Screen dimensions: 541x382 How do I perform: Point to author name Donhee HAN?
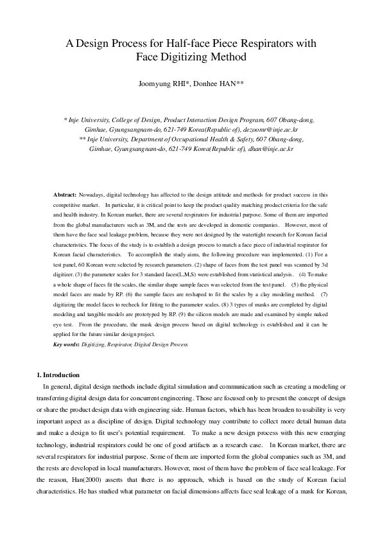click(220, 84)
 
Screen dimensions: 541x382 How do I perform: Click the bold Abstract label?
click(65, 193)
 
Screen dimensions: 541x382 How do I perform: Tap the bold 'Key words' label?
click(66, 344)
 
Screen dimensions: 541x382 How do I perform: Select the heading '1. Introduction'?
click(58, 375)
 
